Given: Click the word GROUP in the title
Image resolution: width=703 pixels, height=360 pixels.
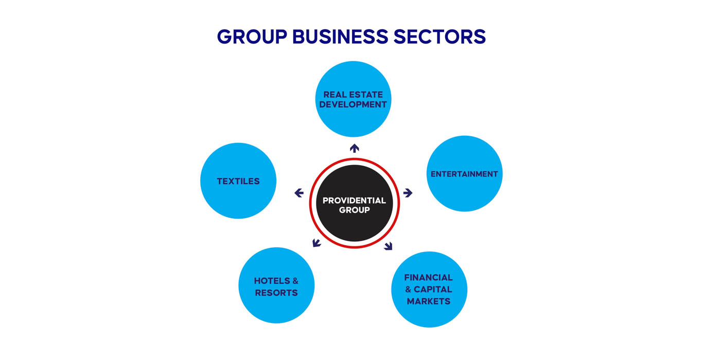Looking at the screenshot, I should tap(252, 37).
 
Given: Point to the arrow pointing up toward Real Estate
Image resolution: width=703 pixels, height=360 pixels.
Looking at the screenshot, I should tap(354, 148).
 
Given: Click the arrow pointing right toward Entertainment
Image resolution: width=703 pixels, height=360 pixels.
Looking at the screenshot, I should tap(408, 193).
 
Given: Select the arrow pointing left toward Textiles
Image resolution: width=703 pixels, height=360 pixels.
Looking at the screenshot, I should tap(299, 193).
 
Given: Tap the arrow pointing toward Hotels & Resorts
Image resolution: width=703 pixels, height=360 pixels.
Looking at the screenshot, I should tap(317, 242).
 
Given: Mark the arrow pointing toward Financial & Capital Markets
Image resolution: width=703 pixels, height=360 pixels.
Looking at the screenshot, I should tap(388, 246).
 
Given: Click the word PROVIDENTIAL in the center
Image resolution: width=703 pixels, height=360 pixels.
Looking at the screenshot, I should tap(354, 201).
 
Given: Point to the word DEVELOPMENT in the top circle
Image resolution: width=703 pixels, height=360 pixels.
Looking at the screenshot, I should tap(353, 104).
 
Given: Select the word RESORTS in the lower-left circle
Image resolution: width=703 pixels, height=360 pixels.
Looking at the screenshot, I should tap(276, 293).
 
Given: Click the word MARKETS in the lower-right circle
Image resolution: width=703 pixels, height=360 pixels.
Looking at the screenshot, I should tap(429, 301).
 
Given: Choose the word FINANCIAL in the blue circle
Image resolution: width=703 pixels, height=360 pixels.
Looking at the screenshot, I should tap(428, 278).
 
